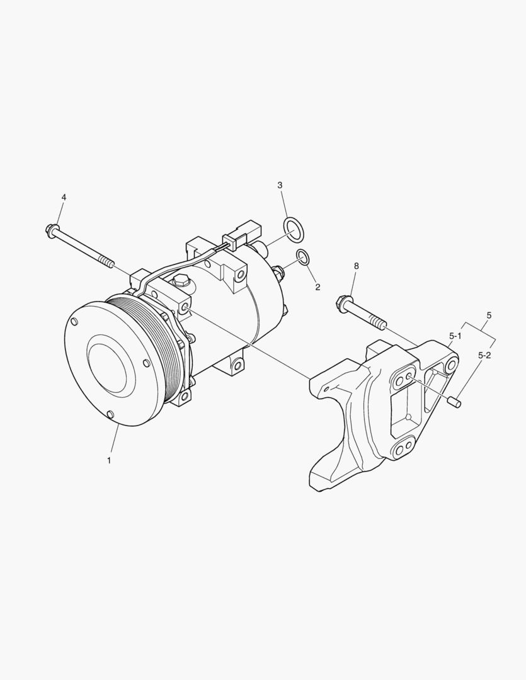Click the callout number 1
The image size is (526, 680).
pyautogui.click(x=109, y=460)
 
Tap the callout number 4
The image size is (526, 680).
pyautogui.click(x=64, y=197)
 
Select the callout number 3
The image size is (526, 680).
pyautogui.click(x=280, y=185)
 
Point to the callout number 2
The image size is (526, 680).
pyautogui.click(x=317, y=287)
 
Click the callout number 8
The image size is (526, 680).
pyautogui.click(x=357, y=266)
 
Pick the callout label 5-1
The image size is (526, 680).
pyautogui.click(x=455, y=336)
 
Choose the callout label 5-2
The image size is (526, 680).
pyautogui.click(x=484, y=355)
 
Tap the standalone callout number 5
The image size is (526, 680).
pyautogui.click(x=489, y=315)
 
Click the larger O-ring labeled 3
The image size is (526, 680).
pyautogui.click(x=294, y=229)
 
